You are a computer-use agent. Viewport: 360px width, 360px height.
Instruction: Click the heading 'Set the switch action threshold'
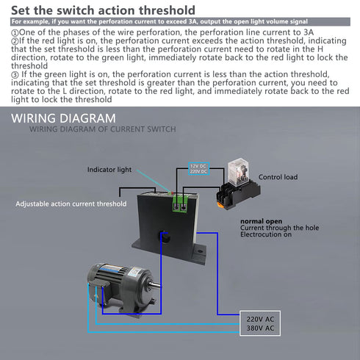click(x=103, y=10)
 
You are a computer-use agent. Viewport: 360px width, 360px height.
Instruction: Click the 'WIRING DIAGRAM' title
click(x=63, y=118)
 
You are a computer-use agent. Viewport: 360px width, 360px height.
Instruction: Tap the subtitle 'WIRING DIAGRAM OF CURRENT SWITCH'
click(x=102, y=129)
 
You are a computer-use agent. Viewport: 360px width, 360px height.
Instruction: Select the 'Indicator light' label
click(x=109, y=169)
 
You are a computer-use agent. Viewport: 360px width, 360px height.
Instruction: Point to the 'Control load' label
click(x=278, y=177)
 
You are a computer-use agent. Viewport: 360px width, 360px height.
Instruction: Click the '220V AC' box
click(x=261, y=318)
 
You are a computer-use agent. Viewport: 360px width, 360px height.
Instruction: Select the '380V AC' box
click(x=261, y=328)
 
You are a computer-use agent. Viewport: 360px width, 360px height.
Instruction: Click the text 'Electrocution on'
click(x=266, y=235)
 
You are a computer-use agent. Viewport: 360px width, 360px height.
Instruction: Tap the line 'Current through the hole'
click(x=279, y=228)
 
